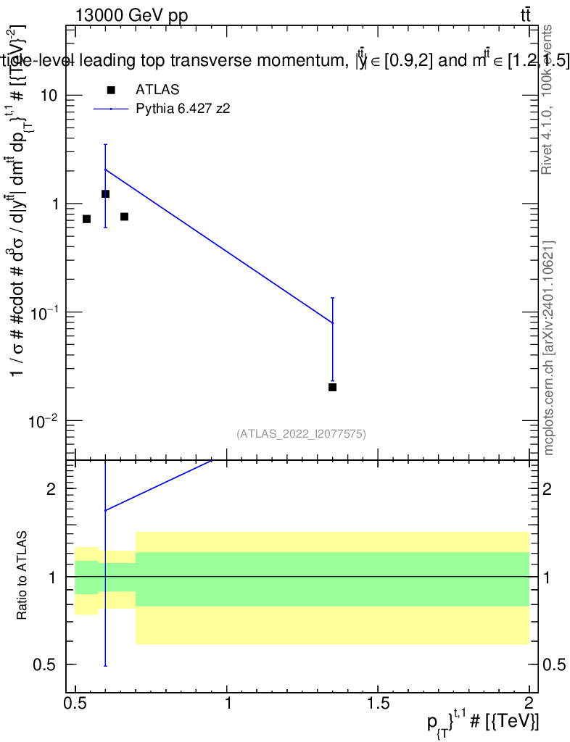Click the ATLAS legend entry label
tap(157, 90)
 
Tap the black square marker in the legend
tap(111, 90)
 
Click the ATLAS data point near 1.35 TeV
tap(332, 387)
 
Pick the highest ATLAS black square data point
tap(105, 194)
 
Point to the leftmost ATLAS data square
tap(86, 219)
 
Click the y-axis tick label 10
tap(48, 96)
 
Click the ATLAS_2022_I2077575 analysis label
tap(301, 434)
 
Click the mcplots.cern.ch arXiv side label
tap(549, 347)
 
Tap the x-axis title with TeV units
tap(482, 722)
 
